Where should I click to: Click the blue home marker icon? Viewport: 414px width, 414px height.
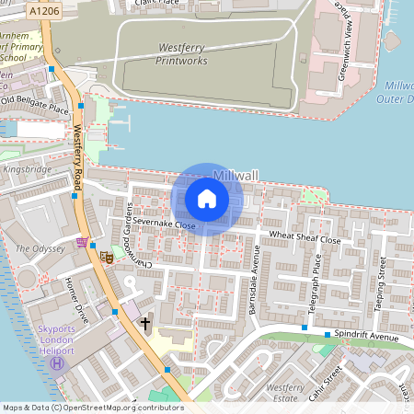[x=207, y=199]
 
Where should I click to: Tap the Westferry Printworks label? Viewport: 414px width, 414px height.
[x=170, y=54]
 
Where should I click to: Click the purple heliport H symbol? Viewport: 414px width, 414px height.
[x=57, y=362]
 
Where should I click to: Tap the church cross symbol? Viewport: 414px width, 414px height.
[x=144, y=324]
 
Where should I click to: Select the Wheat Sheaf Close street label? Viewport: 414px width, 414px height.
[x=305, y=238]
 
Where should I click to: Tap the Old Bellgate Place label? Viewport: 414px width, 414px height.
[x=35, y=105]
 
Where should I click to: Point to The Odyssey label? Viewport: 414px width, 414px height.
[x=40, y=248]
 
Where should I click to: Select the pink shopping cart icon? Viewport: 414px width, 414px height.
[x=84, y=243]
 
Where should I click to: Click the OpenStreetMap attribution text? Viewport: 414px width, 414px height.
[x=93, y=407]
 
